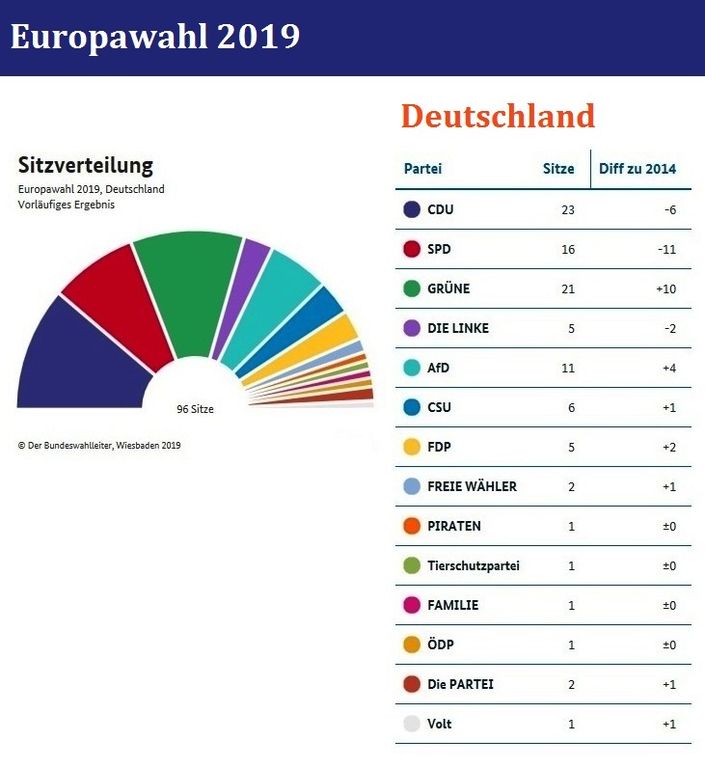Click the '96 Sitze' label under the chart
pyautogui.click(x=195, y=409)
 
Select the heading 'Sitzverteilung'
pyautogui.click(x=85, y=165)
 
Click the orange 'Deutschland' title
pyautogui.click(x=498, y=117)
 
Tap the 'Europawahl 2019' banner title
pyautogui.click(x=155, y=37)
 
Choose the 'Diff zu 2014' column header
pyautogui.click(x=637, y=169)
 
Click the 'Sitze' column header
pyautogui.click(x=558, y=169)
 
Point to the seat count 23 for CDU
pyautogui.click(x=567, y=209)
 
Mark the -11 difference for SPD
pyautogui.click(x=665, y=249)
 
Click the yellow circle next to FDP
pyautogui.click(x=412, y=447)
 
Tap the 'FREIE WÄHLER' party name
pyautogui.click(x=472, y=486)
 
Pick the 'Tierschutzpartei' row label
pyautogui.click(x=474, y=565)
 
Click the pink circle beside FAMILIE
pyautogui.click(x=412, y=605)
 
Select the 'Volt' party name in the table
pyautogui.click(x=439, y=724)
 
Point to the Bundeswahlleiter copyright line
pyautogui.click(x=99, y=446)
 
